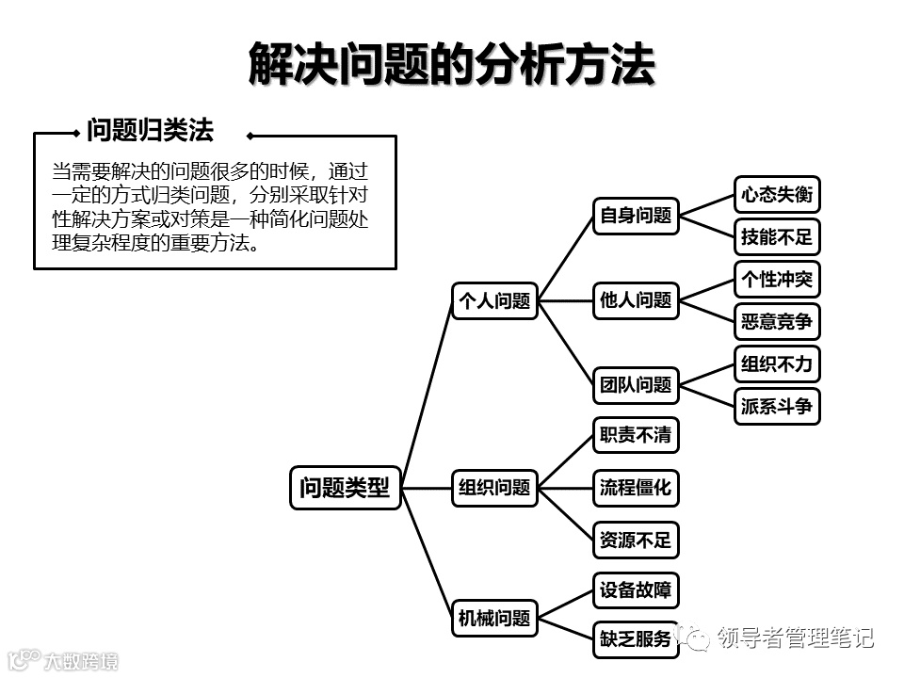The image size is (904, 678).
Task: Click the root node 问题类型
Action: [x=345, y=488]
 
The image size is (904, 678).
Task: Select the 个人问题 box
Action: [x=494, y=301]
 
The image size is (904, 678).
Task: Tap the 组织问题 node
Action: [x=494, y=488]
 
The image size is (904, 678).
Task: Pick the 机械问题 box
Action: [x=494, y=618]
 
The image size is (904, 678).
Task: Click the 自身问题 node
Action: [x=636, y=216]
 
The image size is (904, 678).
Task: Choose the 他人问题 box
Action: [x=636, y=301]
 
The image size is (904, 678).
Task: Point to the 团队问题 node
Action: [x=636, y=384]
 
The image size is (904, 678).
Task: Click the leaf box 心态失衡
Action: [x=777, y=195]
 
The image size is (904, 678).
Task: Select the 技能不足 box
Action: [x=777, y=237]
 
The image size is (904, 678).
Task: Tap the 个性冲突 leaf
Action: [x=777, y=279]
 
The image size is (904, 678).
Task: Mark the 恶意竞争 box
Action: [x=777, y=322]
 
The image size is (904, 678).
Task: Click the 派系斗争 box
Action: [x=777, y=407]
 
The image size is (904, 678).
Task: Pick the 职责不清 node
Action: [x=636, y=435]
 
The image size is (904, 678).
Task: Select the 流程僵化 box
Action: [x=636, y=488]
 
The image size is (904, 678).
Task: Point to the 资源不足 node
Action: [x=636, y=541]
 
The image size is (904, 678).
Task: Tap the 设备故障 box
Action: [x=636, y=591]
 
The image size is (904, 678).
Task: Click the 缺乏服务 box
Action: [x=636, y=640]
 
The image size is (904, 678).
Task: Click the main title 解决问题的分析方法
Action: [x=452, y=65]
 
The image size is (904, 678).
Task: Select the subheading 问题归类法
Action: [x=151, y=130]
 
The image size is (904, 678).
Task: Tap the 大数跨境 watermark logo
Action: [x=62, y=660]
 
